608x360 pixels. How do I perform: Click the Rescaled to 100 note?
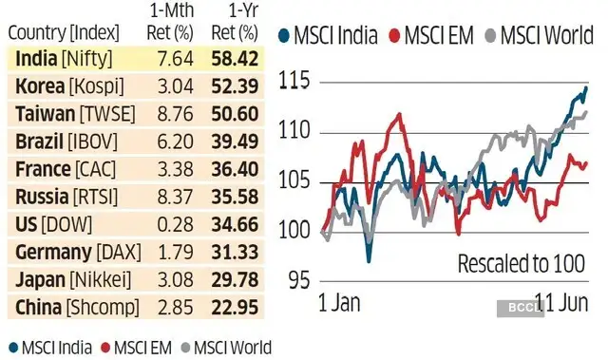click(521, 263)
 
